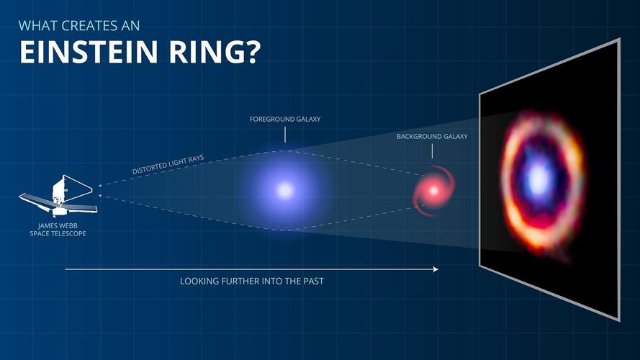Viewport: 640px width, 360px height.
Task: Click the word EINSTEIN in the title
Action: point(94,53)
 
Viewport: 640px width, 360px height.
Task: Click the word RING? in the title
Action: point(216,53)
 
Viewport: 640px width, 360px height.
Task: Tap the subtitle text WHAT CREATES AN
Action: point(79,26)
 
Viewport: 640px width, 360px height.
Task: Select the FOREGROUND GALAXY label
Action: point(285,119)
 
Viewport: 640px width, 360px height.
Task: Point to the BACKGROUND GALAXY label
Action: point(432,136)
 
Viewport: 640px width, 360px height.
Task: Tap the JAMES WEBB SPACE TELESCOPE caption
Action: point(57,230)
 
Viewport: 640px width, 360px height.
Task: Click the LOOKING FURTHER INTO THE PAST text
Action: point(252,281)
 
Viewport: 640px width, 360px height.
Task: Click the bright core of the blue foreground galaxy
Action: point(286,190)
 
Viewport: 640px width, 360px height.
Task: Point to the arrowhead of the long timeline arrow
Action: point(436,269)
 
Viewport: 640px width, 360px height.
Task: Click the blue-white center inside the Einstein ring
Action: point(537,179)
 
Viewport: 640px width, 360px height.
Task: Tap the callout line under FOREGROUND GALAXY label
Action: point(285,134)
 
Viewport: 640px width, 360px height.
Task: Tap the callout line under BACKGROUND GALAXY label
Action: point(432,150)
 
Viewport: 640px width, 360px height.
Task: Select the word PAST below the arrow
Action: point(311,281)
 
